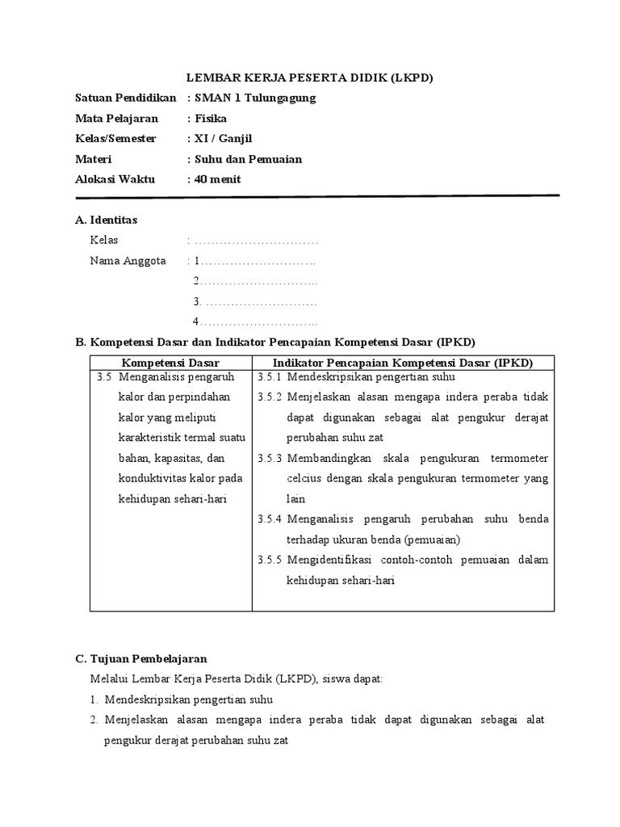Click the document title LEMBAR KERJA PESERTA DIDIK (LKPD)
pyautogui.click(x=310, y=78)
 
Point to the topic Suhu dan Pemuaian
pyautogui.click(x=246, y=159)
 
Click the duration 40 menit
pyautogui.click(x=216, y=179)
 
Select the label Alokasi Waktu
pyautogui.click(x=115, y=179)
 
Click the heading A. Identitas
pyautogui.click(x=106, y=220)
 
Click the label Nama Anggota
pyautogui.click(x=128, y=261)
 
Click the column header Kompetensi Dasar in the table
pyautogui.click(x=170, y=363)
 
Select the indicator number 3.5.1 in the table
pyautogui.click(x=269, y=377)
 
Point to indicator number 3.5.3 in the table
pyautogui.click(x=269, y=459)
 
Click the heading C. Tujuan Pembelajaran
pyautogui.click(x=141, y=659)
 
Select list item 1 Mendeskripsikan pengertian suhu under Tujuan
pyautogui.click(x=186, y=699)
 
